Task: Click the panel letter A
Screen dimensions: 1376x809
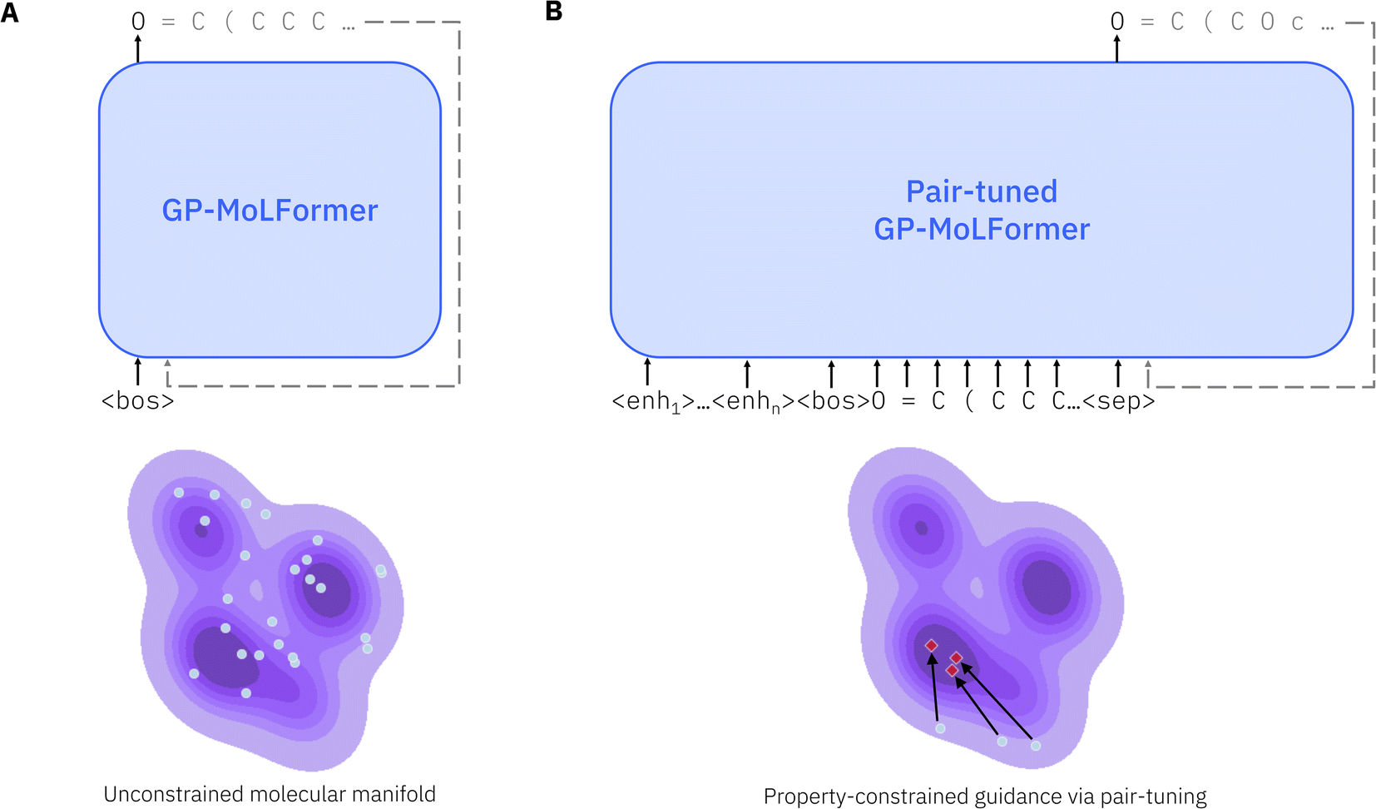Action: (x=10, y=12)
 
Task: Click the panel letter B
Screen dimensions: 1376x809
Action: (x=554, y=12)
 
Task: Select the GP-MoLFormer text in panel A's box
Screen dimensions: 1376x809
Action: (x=270, y=211)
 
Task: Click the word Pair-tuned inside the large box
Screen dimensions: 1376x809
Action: (x=982, y=192)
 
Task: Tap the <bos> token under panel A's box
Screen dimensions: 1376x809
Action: (x=138, y=401)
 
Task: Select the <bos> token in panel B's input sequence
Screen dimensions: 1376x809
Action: (x=833, y=401)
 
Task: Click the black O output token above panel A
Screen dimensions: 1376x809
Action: (x=138, y=22)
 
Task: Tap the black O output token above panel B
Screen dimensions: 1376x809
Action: (x=1117, y=22)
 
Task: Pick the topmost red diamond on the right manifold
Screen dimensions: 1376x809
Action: (x=932, y=645)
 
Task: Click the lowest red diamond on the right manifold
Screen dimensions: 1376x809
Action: (x=952, y=670)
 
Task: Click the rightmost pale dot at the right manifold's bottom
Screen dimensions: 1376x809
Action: (x=1036, y=746)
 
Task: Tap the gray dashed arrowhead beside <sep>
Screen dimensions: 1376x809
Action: (x=1148, y=365)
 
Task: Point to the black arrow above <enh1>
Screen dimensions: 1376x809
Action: (x=647, y=371)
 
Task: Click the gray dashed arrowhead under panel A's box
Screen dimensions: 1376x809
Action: (x=168, y=364)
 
